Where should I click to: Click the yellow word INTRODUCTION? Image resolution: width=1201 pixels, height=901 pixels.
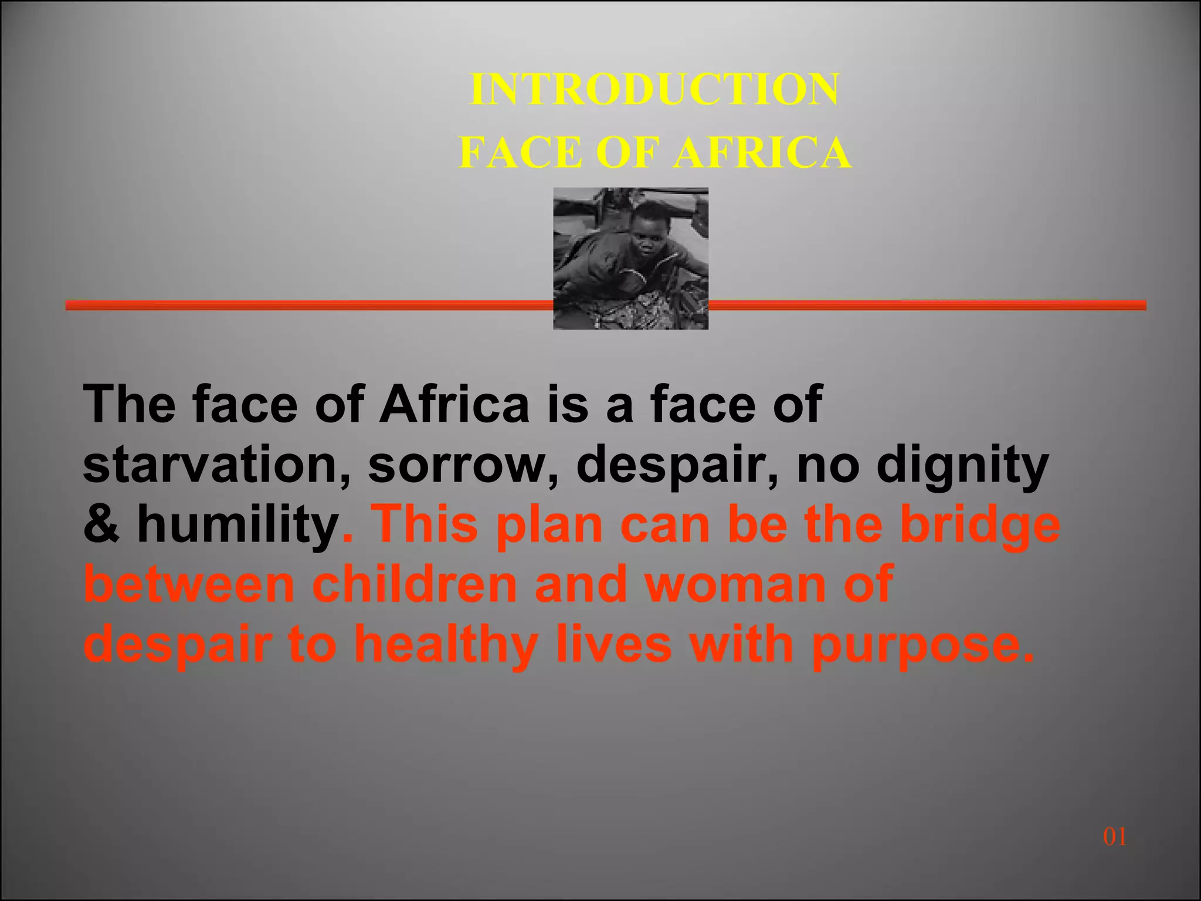click(x=654, y=90)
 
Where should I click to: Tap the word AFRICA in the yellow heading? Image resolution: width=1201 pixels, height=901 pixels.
click(x=762, y=153)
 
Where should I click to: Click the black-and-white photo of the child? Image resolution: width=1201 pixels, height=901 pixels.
click(x=630, y=258)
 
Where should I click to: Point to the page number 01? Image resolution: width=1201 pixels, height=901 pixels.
click(x=1114, y=836)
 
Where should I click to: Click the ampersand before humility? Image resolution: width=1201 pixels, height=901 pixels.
click(x=101, y=524)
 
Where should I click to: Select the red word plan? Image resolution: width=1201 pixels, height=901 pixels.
click(x=549, y=526)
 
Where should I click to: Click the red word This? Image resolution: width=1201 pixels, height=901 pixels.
click(x=426, y=524)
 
